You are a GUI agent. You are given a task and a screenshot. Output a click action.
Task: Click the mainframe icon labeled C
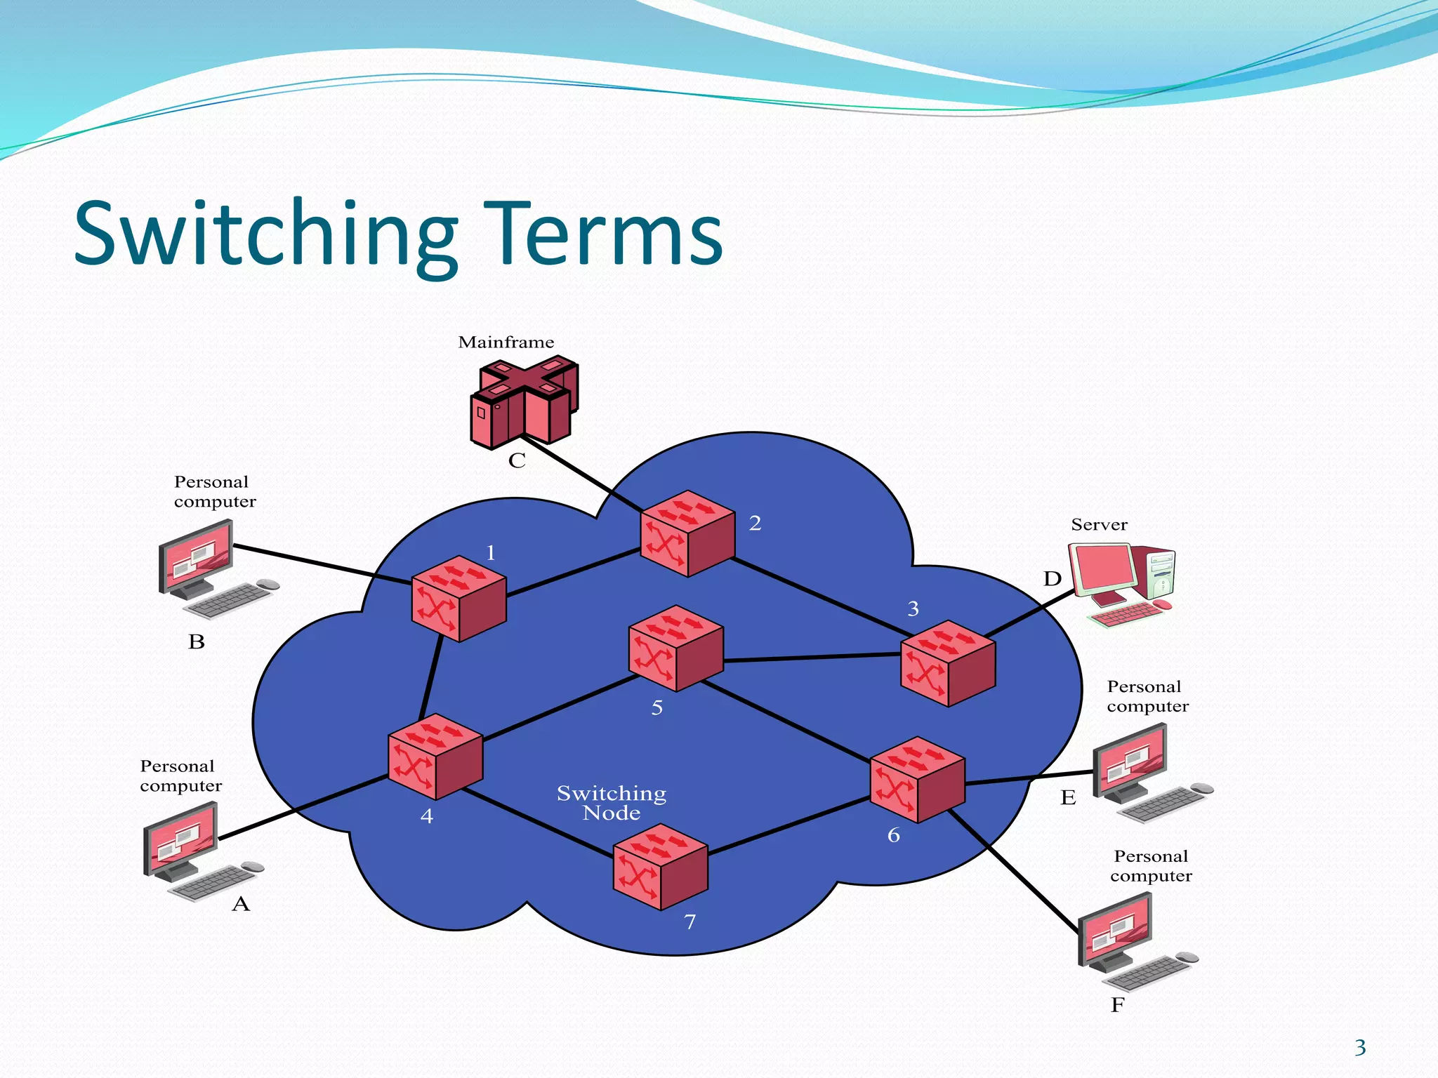click(525, 404)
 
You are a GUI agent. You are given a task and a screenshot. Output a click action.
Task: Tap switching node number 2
click(687, 533)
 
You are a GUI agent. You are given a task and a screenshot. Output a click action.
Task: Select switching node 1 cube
click(459, 599)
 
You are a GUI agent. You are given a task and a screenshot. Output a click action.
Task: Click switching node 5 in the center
click(675, 648)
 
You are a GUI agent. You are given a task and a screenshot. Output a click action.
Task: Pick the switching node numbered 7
click(660, 867)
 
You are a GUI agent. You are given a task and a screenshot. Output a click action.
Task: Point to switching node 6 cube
click(917, 779)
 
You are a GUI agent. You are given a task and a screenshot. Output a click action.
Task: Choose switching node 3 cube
click(948, 663)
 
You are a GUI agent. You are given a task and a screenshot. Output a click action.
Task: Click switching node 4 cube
click(435, 757)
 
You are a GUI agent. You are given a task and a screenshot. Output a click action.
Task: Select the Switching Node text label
click(612, 803)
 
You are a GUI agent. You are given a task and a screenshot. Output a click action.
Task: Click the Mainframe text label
click(506, 342)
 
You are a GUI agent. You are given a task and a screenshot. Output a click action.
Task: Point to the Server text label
click(1099, 525)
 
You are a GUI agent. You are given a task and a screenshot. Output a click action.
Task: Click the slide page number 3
click(1360, 1048)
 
